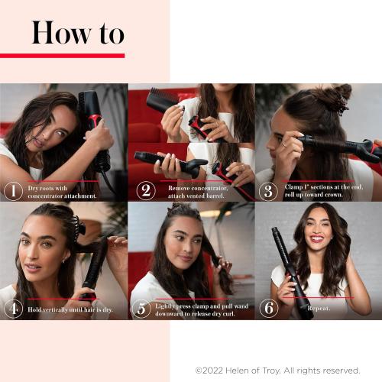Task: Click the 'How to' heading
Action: (77, 33)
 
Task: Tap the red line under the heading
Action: (62, 55)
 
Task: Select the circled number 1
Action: (13, 190)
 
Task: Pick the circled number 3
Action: (268, 190)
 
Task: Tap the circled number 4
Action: (13, 309)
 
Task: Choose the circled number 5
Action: (141, 309)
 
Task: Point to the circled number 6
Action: (268, 309)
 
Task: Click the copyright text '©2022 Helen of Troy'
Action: (277, 370)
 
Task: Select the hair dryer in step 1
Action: (92, 122)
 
